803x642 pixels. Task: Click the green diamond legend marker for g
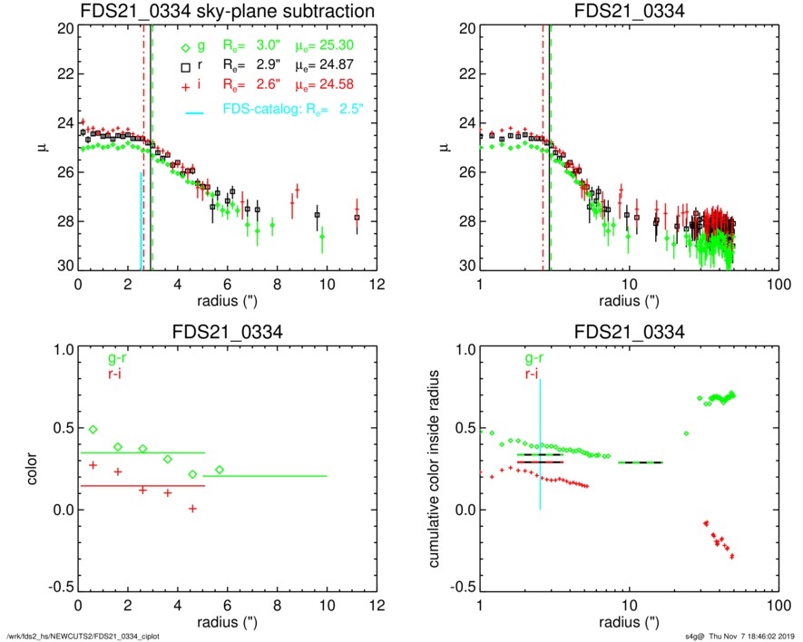click(184, 48)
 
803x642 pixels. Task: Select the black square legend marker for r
click(184, 67)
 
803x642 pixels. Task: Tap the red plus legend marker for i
click(184, 85)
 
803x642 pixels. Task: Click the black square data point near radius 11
click(357, 218)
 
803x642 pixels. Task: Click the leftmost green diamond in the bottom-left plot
click(93, 429)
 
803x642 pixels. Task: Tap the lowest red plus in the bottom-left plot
click(192, 509)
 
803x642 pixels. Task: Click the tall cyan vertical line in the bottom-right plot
click(540, 444)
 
